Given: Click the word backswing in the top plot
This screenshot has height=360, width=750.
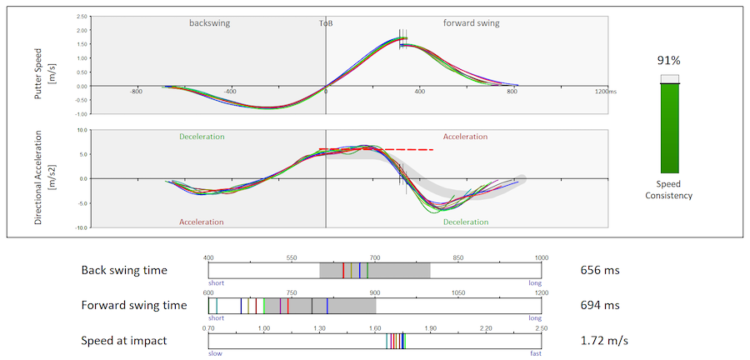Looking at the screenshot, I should [x=209, y=23].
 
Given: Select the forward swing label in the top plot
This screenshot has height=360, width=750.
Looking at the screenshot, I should [x=471, y=23].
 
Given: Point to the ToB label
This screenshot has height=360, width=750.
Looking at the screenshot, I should [x=326, y=23].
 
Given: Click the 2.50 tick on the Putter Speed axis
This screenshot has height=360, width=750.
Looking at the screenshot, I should [x=81, y=17].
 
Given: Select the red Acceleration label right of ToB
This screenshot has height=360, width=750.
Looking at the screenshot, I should [x=465, y=136].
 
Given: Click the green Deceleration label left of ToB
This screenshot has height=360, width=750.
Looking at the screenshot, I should [x=202, y=136].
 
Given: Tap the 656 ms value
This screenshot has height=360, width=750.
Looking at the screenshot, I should [x=600, y=271].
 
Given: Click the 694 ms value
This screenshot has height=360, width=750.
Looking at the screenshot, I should [x=600, y=306].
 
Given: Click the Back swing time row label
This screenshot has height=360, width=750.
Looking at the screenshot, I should [x=124, y=271].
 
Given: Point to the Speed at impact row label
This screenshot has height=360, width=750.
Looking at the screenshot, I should [x=123, y=341].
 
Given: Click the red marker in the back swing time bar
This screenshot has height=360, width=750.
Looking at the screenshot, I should [x=342, y=271].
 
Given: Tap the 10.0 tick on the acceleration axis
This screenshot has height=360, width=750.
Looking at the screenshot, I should [x=82, y=130].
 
